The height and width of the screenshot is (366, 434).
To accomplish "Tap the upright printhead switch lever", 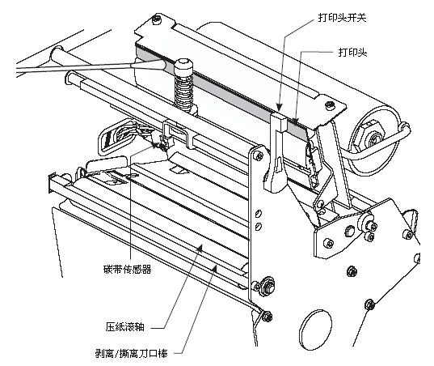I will (276, 154).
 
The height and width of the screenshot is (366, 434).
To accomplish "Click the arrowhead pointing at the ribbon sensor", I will (156, 146).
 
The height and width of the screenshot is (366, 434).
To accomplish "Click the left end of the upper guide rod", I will (70, 80).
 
